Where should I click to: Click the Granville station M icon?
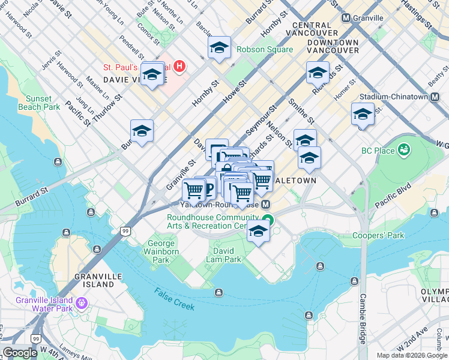pos(346,18)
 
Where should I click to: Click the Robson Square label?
pos(265,49)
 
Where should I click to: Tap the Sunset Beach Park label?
pos(43,103)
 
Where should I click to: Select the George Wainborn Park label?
pos(162,252)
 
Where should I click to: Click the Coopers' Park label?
pos(378,236)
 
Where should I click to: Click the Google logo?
pos(20,353)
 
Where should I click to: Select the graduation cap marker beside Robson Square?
pos(220,47)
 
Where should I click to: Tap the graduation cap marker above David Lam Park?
pos(258,232)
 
